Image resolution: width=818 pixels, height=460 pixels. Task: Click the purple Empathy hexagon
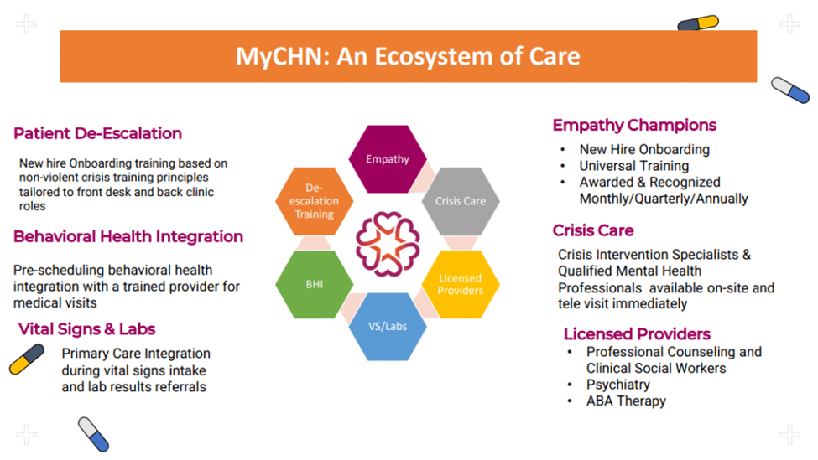[x=388, y=159]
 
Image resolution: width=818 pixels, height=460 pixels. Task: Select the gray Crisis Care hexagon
[x=461, y=201]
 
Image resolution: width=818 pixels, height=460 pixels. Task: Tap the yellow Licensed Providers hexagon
[x=460, y=284]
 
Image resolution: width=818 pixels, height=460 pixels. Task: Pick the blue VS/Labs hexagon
[x=388, y=326]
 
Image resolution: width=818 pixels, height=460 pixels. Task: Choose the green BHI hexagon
[x=314, y=284]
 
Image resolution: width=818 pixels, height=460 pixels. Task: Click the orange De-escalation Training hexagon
[x=315, y=201]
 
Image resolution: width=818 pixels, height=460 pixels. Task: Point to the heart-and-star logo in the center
[x=387, y=243]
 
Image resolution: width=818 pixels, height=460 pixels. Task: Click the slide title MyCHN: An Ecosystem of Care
[x=408, y=56]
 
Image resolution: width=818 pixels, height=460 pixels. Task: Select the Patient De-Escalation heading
[x=97, y=133]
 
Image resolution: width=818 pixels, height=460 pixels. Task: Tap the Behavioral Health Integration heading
[x=128, y=236]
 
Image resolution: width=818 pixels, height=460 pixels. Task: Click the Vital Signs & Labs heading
[x=87, y=328]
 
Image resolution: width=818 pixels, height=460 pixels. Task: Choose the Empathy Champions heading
[x=634, y=125]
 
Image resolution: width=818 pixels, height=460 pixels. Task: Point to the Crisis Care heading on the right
[x=593, y=230]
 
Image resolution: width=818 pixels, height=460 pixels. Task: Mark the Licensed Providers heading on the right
[x=637, y=333]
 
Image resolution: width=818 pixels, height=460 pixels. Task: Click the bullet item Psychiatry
[x=618, y=385]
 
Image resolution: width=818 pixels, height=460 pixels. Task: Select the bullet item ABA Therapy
[x=626, y=401]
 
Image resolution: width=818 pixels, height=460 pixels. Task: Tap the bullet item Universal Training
[x=634, y=166]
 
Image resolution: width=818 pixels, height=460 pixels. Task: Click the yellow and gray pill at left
[x=27, y=359]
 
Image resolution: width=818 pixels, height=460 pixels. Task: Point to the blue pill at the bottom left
[x=93, y=434]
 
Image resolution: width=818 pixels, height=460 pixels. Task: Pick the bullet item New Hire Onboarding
[x=644, y=149]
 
